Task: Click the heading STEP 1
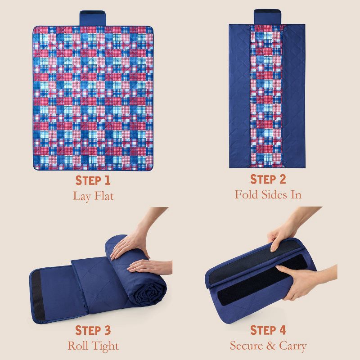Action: click(x=93, y=180)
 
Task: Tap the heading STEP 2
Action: click(x=268, y=179)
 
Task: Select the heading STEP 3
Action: click(x=93, y=330)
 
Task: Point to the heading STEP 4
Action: click(x=268, y=330)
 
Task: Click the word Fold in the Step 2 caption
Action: click(x=246, y=194)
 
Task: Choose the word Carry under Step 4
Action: click(x=293, y=346)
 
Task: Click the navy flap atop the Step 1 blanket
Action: click(x=93, y=18)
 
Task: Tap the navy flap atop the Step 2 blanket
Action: click(x=267, y=17)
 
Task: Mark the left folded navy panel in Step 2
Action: click(x=240, y=96)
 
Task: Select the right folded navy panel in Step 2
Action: click(x=295, y=96)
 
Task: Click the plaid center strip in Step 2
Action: click(x=267, y=96)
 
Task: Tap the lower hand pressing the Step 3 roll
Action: click(x=149, y=267)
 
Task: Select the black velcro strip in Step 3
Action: click(x=37, y=295)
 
